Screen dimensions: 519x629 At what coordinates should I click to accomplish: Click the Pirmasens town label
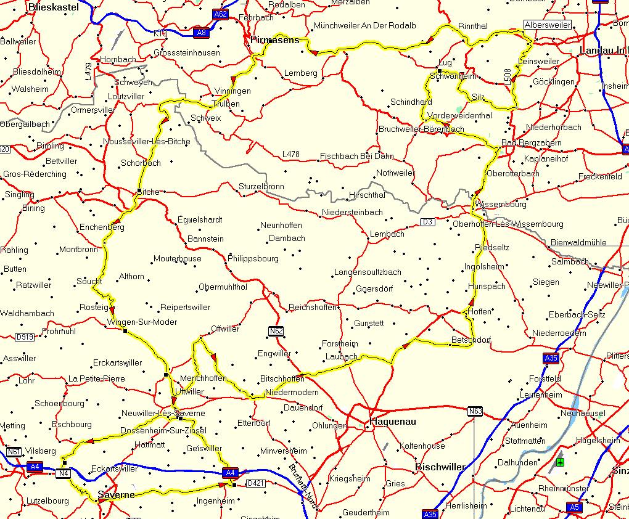tap(276, 40)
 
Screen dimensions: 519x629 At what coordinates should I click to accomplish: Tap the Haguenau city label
tap(392, 422)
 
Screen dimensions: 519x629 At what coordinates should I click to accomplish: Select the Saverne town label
tap(116, 495)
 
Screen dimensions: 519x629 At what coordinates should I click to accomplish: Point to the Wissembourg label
tap(501, 204)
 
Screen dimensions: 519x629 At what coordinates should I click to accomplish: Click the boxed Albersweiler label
tap(547, 25)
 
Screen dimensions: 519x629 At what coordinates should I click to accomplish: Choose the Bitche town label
tap(148, 192)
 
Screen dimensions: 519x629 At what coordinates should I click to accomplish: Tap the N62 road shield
tap(276, 332)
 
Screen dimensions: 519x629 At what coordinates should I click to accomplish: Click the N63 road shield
tap(474, 411)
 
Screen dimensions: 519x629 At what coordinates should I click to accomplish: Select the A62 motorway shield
tap(220, 14)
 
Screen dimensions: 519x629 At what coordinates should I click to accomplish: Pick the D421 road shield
tap(255, 483)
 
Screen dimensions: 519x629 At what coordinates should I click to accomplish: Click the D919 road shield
tap(25, 337)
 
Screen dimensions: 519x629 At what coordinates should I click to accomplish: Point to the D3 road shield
tap(427, 221)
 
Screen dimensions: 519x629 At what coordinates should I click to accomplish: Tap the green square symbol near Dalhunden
tap(559, 462)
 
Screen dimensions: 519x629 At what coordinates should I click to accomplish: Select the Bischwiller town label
tap(440, 467)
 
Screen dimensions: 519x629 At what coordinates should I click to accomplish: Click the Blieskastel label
tap(53, 7)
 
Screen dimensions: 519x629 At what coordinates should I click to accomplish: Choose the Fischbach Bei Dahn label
tap(357, 157)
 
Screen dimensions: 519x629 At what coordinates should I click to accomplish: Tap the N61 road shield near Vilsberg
tap(14, 452)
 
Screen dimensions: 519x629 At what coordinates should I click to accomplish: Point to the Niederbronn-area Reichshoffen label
tap(313, 307)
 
